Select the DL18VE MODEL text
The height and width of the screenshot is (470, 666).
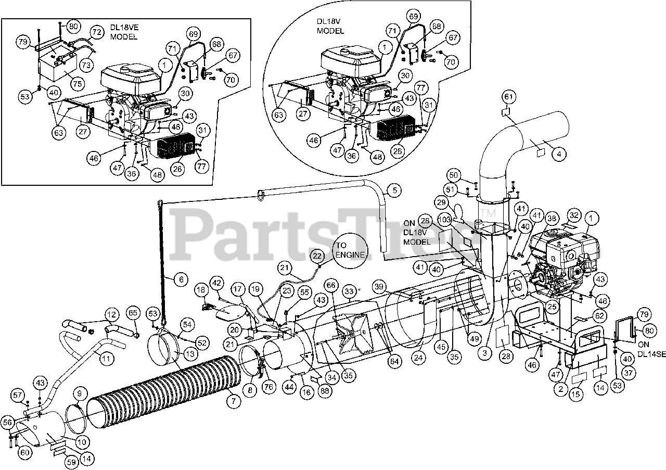[123, 32]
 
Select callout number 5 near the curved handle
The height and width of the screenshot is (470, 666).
[394, 190]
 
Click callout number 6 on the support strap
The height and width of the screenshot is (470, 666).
[181, 280]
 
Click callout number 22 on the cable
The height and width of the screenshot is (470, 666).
[316, 256]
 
